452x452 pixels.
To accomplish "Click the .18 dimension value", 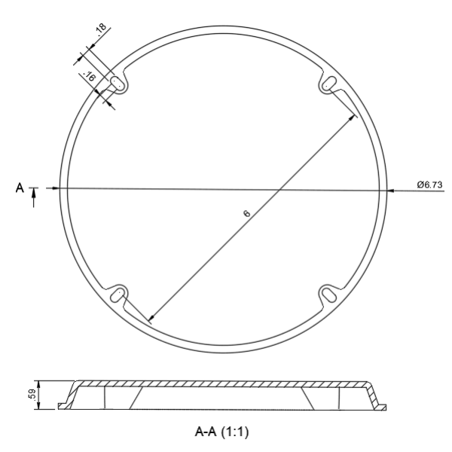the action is click(x=101, y=29).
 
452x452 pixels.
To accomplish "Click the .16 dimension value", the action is click(x=89, y=76).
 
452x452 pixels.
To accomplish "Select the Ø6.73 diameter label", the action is click(x=429, y=185).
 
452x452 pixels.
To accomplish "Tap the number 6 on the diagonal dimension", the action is click(x=247, y=214).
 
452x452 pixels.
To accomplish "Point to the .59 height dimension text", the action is click(x=32, y=394).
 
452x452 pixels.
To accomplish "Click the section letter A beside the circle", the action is click(x=20, y=188).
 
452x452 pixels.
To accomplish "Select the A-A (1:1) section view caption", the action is click(x=221, y=432).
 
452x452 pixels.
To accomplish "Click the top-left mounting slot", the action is click(x=117, y=83).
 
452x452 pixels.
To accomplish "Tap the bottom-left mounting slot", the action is click(x=117, y=295).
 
